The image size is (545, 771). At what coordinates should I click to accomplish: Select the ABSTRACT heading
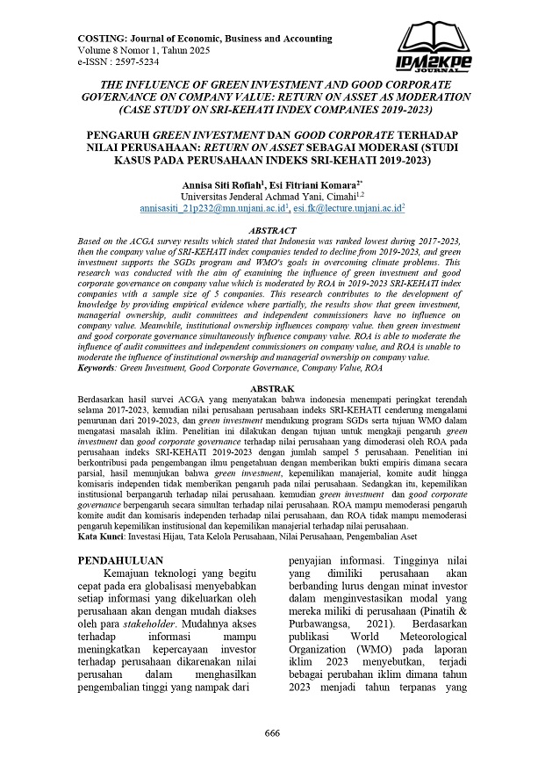273,227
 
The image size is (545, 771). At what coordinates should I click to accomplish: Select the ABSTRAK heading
273,387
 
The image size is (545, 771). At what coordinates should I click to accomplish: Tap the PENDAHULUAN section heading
122,558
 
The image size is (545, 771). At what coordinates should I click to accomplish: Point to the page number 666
273,733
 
